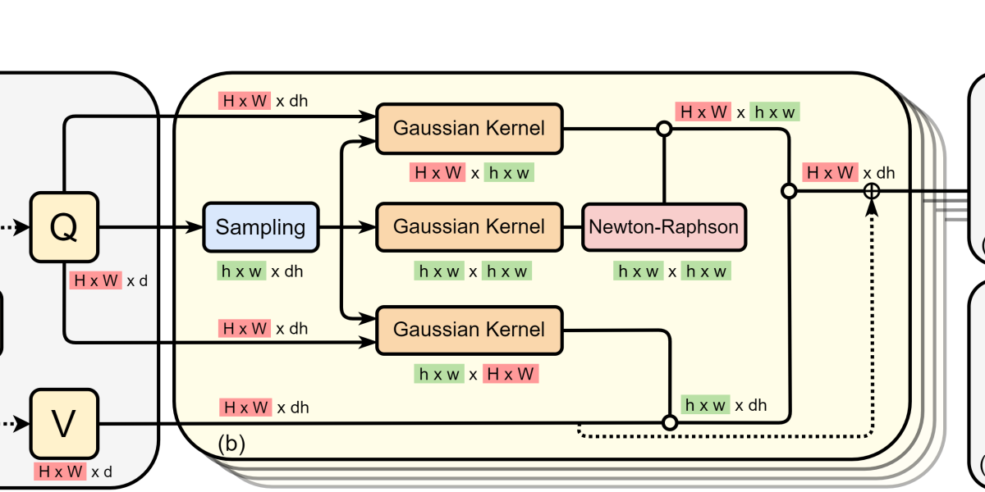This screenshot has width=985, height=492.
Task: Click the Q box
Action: click(x=64, y=227)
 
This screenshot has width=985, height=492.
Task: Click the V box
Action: click(x=64, y=425)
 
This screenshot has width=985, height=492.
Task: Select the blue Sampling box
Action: click(x=260, y=227)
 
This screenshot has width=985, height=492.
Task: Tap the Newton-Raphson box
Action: click(x=664, y=227)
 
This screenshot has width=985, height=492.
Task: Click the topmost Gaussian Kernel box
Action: click(x=469, y=128)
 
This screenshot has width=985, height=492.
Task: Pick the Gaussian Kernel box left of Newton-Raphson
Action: click(x=469, y=227)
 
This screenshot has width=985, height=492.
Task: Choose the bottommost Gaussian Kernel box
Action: click(x=469, y=330)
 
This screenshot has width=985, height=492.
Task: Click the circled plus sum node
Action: click(x=872, y=191)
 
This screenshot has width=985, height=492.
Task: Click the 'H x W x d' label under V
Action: click(x=73, y=471)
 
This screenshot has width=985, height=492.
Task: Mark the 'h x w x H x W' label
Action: click(x=475, y=375)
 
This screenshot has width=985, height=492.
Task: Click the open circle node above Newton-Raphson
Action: click(x=664, y=129)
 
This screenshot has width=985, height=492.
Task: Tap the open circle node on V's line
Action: click(x=670, y=423)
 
